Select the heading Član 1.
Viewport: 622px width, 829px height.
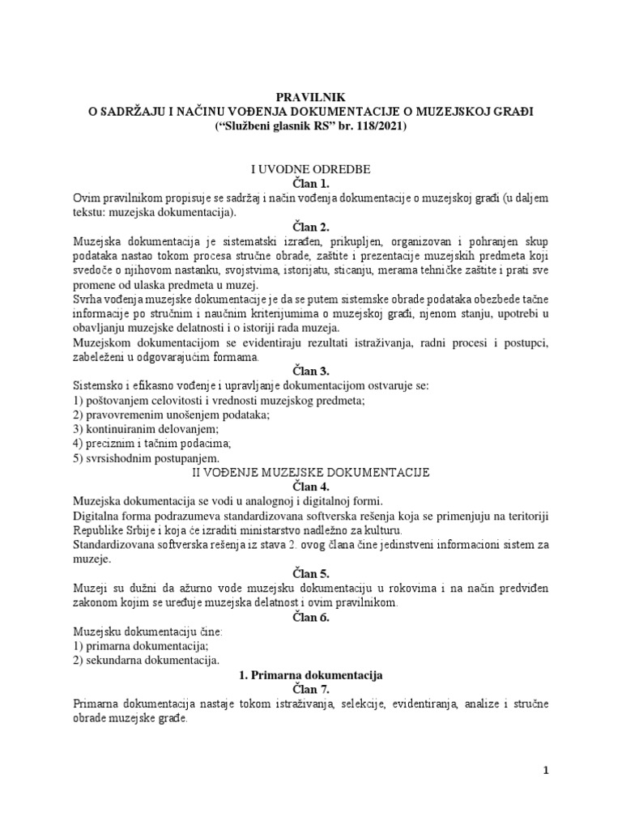point(310,185)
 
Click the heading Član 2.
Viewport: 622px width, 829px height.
point(310,227)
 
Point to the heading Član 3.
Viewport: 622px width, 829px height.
point(310,371)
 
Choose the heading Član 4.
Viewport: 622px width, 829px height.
point(310,485)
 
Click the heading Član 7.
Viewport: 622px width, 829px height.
point(310,689)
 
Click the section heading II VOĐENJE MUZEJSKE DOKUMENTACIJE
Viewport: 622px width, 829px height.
point(310,471)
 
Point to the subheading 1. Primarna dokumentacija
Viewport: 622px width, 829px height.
point(310,674)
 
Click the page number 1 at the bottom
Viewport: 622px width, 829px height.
point(547,771)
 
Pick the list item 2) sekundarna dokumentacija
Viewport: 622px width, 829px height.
point(144,660)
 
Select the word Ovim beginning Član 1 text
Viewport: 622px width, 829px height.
point(87,199)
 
